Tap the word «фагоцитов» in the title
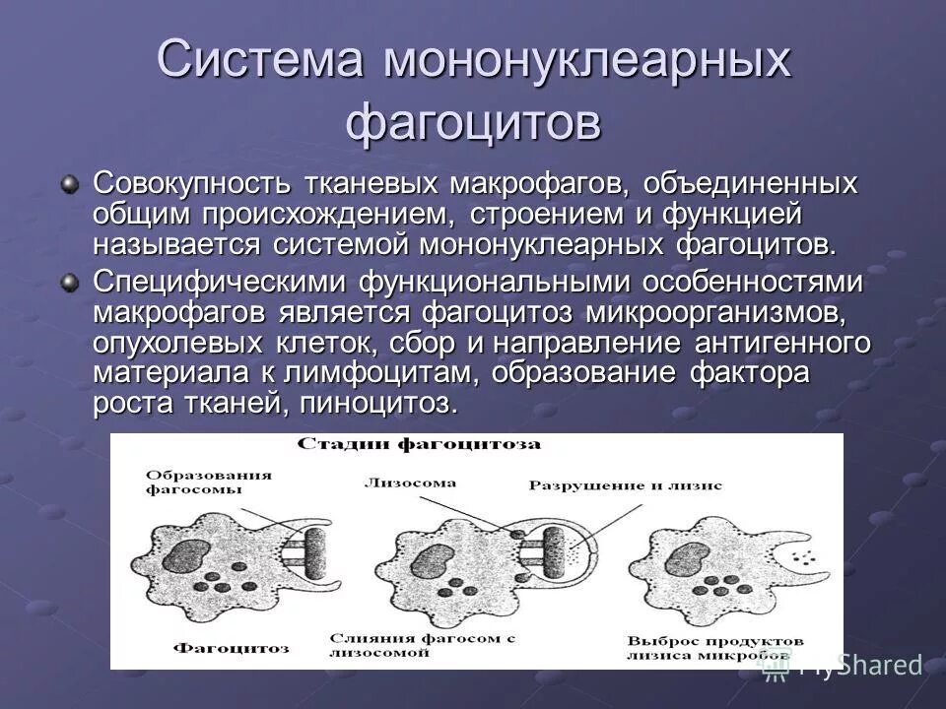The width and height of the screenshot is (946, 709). coord(473,123)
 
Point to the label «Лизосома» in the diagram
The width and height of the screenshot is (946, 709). coord(410,483)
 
